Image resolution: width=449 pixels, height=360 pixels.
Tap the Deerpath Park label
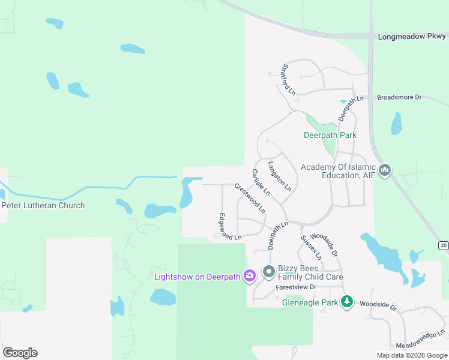[330, 135]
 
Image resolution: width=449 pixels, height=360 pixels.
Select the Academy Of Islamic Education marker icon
[385, 171]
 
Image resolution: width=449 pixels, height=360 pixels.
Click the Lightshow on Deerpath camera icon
[249, 276]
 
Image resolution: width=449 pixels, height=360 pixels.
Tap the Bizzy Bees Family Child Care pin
[268, 272]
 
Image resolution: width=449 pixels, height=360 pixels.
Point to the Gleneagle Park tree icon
[347, 302]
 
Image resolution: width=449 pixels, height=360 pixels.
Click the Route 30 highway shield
[443, 245]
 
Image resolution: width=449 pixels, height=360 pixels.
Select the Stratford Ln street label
[289, 79]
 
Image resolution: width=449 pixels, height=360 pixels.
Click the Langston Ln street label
[280, 176]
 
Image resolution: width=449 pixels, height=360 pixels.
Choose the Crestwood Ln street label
[250, 198]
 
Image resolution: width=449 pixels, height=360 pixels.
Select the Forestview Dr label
[295, 287]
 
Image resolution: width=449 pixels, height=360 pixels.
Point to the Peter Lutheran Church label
[43, 205]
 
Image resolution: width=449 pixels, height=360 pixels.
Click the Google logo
[20, 352]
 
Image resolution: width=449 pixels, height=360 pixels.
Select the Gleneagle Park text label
[310, 302]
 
